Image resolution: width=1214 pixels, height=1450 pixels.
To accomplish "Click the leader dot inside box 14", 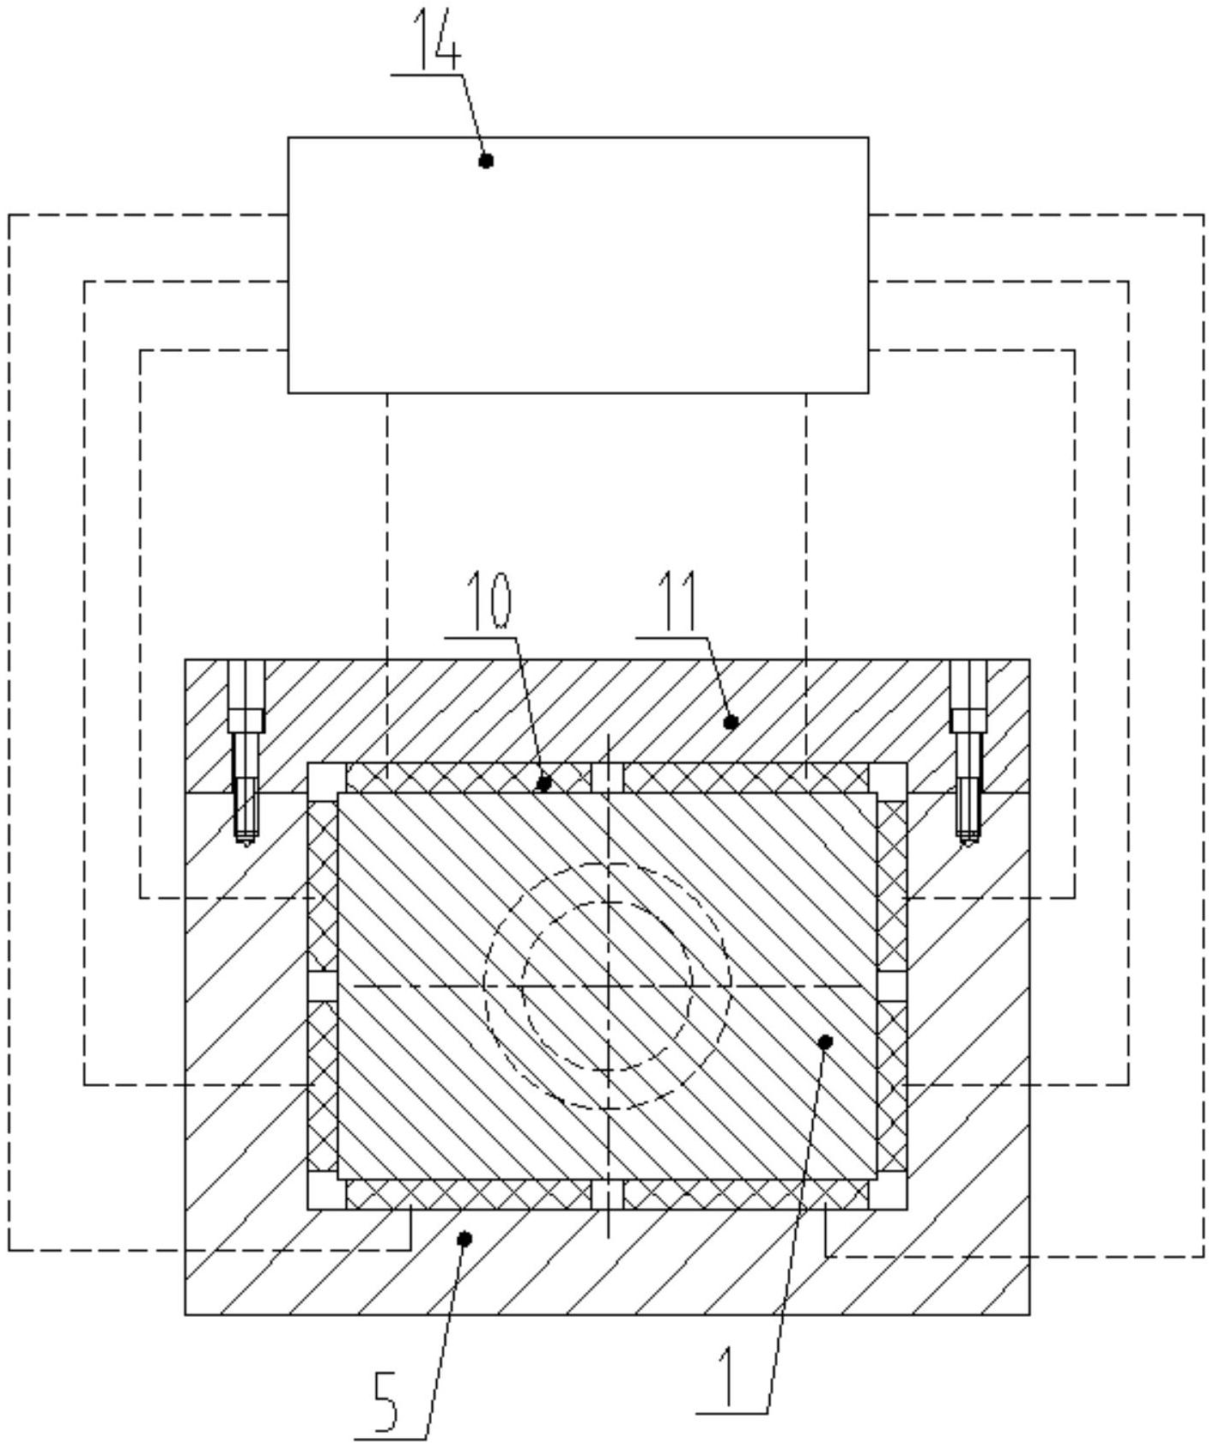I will click(x=486, y=161).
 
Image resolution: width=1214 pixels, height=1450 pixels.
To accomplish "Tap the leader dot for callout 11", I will click(x=731, y=723).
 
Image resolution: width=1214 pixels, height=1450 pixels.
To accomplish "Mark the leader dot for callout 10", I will click(x=543, y=783).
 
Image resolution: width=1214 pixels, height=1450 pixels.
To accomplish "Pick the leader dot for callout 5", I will click(x=464, y=1238).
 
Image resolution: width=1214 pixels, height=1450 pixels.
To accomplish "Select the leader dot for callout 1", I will click(x=826, y=1041).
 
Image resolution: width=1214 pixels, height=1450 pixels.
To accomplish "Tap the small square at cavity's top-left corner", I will click(x=326, y=777).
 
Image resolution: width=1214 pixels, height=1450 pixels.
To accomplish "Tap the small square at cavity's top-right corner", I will click(x=888, y=777).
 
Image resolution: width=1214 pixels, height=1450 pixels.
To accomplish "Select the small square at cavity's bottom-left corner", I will click(x=326, y=1193).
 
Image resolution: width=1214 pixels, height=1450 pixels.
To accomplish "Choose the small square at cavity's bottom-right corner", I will click(x=888, y=1193).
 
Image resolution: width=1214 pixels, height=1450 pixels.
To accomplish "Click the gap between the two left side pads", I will click(x=323, y=986).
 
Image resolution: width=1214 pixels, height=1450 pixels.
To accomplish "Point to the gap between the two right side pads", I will click(x=892, y=986).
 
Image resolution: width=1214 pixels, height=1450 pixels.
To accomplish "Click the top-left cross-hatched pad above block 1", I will click(x=468, y=778).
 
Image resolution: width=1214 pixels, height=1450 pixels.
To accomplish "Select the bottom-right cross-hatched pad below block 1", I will click(x=745, y=1193).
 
